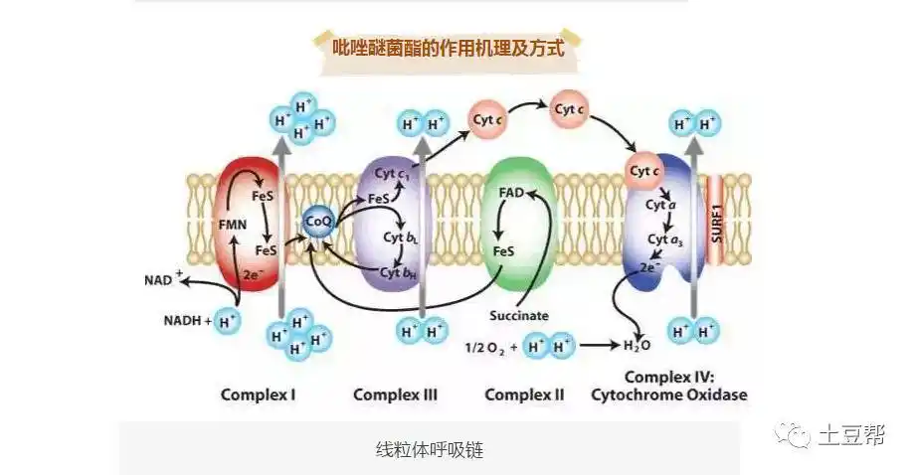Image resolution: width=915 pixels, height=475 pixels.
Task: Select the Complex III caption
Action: coord(395,396)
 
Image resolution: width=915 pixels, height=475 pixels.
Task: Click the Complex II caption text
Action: coord(524,396)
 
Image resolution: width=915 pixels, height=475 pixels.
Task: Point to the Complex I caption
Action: coord(258,396)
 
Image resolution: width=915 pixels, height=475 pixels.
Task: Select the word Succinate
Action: coord(519,316)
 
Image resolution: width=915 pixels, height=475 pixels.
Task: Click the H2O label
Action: coord(637,346)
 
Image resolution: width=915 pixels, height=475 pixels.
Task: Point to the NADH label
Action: coord(187,321)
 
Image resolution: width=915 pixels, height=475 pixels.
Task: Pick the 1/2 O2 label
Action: coord(487,348)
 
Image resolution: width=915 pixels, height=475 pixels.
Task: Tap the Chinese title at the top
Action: coord(448,46)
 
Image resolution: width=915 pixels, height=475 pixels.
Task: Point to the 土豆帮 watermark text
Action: coord(851,435)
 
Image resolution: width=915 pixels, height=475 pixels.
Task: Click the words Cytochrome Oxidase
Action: coord(668,396)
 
